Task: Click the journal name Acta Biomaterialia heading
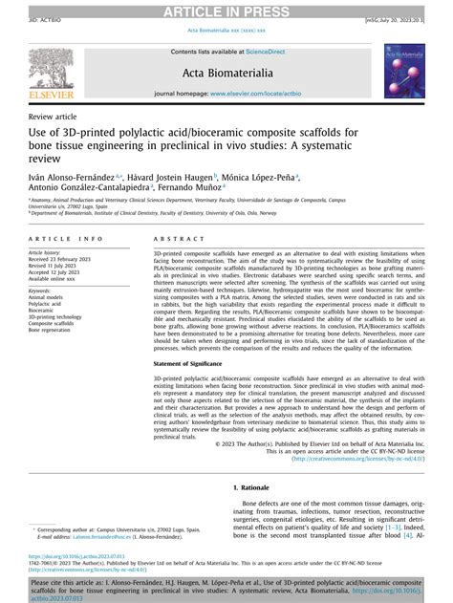tap(226, 72)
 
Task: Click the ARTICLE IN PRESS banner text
tap(226, 11)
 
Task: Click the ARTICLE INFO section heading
tap(66, 239)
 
